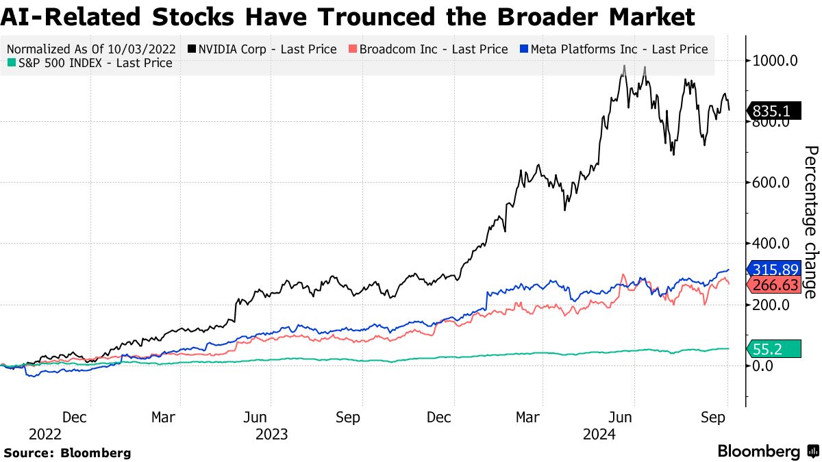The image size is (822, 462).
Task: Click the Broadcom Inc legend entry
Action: (x=428, y=49)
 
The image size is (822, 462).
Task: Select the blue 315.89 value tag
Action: (x=775, y=269)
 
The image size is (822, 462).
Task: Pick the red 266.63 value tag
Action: (x=775, y=285)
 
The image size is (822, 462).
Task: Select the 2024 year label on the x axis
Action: (x=598, y=434)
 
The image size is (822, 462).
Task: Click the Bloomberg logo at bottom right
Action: (x=767, y=452)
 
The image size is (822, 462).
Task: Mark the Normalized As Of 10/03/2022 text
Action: (x=92, y=49)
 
